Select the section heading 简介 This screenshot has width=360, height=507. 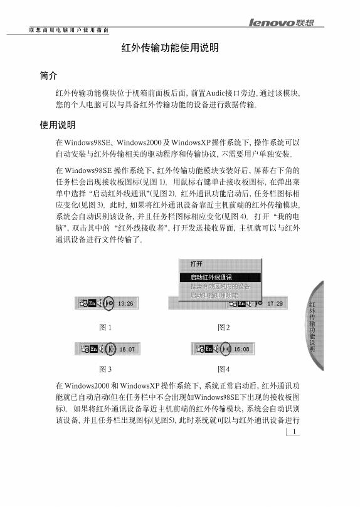coord(48,76)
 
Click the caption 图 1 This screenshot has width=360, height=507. coord(105,327)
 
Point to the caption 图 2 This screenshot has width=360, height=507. coord(224,327)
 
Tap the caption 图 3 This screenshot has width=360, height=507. coord(105,368)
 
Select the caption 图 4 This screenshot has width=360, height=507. coord(224,368)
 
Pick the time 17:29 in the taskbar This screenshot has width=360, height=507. coord(275,303)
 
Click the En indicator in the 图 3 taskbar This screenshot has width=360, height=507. coord(92,348)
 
